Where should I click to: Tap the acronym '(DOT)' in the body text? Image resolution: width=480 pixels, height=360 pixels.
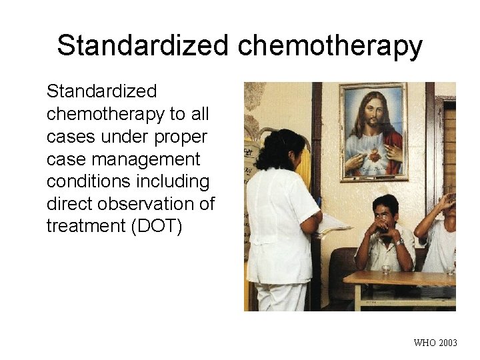(159, 226)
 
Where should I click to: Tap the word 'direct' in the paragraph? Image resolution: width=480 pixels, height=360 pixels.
(69, 203)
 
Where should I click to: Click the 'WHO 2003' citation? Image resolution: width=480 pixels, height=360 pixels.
(435, 343)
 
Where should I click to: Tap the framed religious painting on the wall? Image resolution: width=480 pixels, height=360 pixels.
(373, 131)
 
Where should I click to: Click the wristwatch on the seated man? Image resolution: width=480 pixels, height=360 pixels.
(399, 241)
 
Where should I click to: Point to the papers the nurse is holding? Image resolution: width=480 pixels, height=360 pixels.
(333, 225)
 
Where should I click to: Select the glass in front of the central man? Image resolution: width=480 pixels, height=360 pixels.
(387, 269)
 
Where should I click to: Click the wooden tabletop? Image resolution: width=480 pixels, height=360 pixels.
(400, 278)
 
